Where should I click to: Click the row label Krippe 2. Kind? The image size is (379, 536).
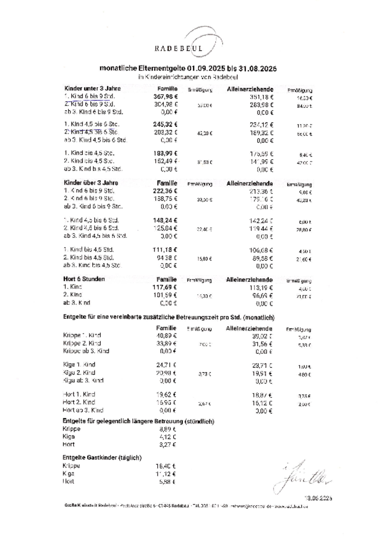pyautogui.click(x=82, y=343)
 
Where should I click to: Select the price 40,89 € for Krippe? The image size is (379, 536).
pyautogui.click(x=166, y=335)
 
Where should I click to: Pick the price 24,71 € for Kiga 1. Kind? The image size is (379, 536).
pyautogui.click(x=166, y=365)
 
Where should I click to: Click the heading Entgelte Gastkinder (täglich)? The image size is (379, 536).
pyautogui.click(x=102, y=457)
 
